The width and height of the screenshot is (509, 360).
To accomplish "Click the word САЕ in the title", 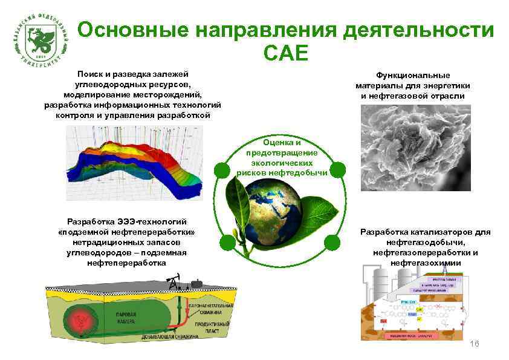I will coord(286,54).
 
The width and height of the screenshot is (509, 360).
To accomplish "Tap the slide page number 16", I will coord(474,344).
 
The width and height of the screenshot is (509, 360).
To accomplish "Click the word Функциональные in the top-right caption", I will coord(413,76).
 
